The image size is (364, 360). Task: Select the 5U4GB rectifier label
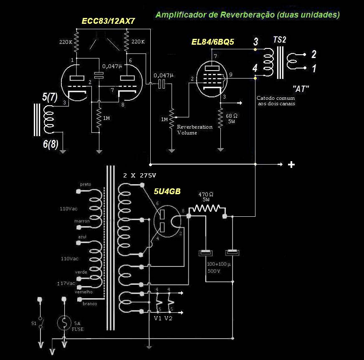point(167,191)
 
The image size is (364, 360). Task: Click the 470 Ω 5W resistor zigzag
point(207,208)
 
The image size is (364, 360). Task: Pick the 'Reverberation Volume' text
point(195,130)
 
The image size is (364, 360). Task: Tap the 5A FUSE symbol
point(64,323)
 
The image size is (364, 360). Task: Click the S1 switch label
point(34,324)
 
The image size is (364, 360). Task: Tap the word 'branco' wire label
point(90,304)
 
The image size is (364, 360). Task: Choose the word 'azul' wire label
point(81,237)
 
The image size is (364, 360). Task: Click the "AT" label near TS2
point(301,89)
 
